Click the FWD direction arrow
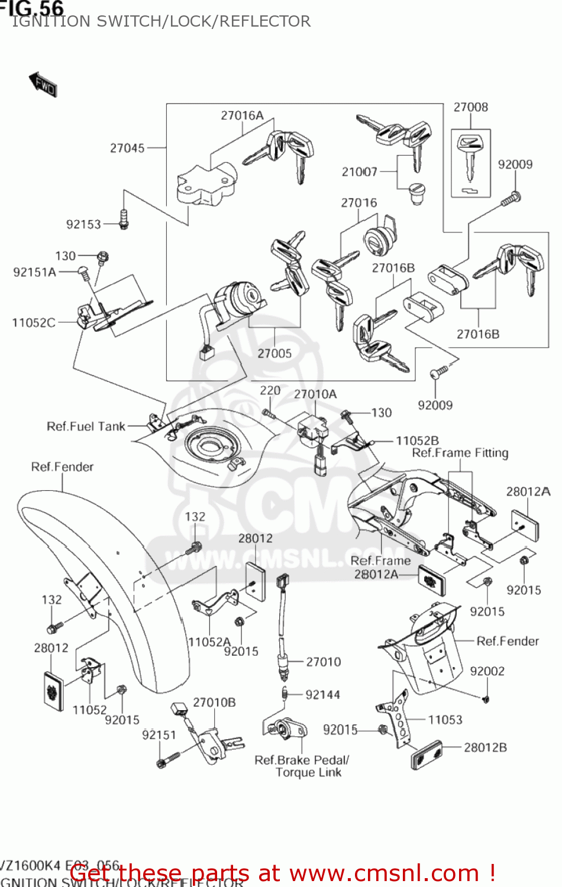43,85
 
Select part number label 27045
127,148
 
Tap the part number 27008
470,107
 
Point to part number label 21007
359,171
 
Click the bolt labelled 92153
124,218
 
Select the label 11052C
34,323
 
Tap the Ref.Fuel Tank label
86,426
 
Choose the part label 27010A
315,394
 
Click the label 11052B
417,441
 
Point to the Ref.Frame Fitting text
460,453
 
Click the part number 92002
487,671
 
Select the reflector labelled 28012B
427,755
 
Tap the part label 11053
445,720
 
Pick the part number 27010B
214,703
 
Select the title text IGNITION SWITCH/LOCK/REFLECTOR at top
161,21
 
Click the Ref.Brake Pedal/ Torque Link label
302,766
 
